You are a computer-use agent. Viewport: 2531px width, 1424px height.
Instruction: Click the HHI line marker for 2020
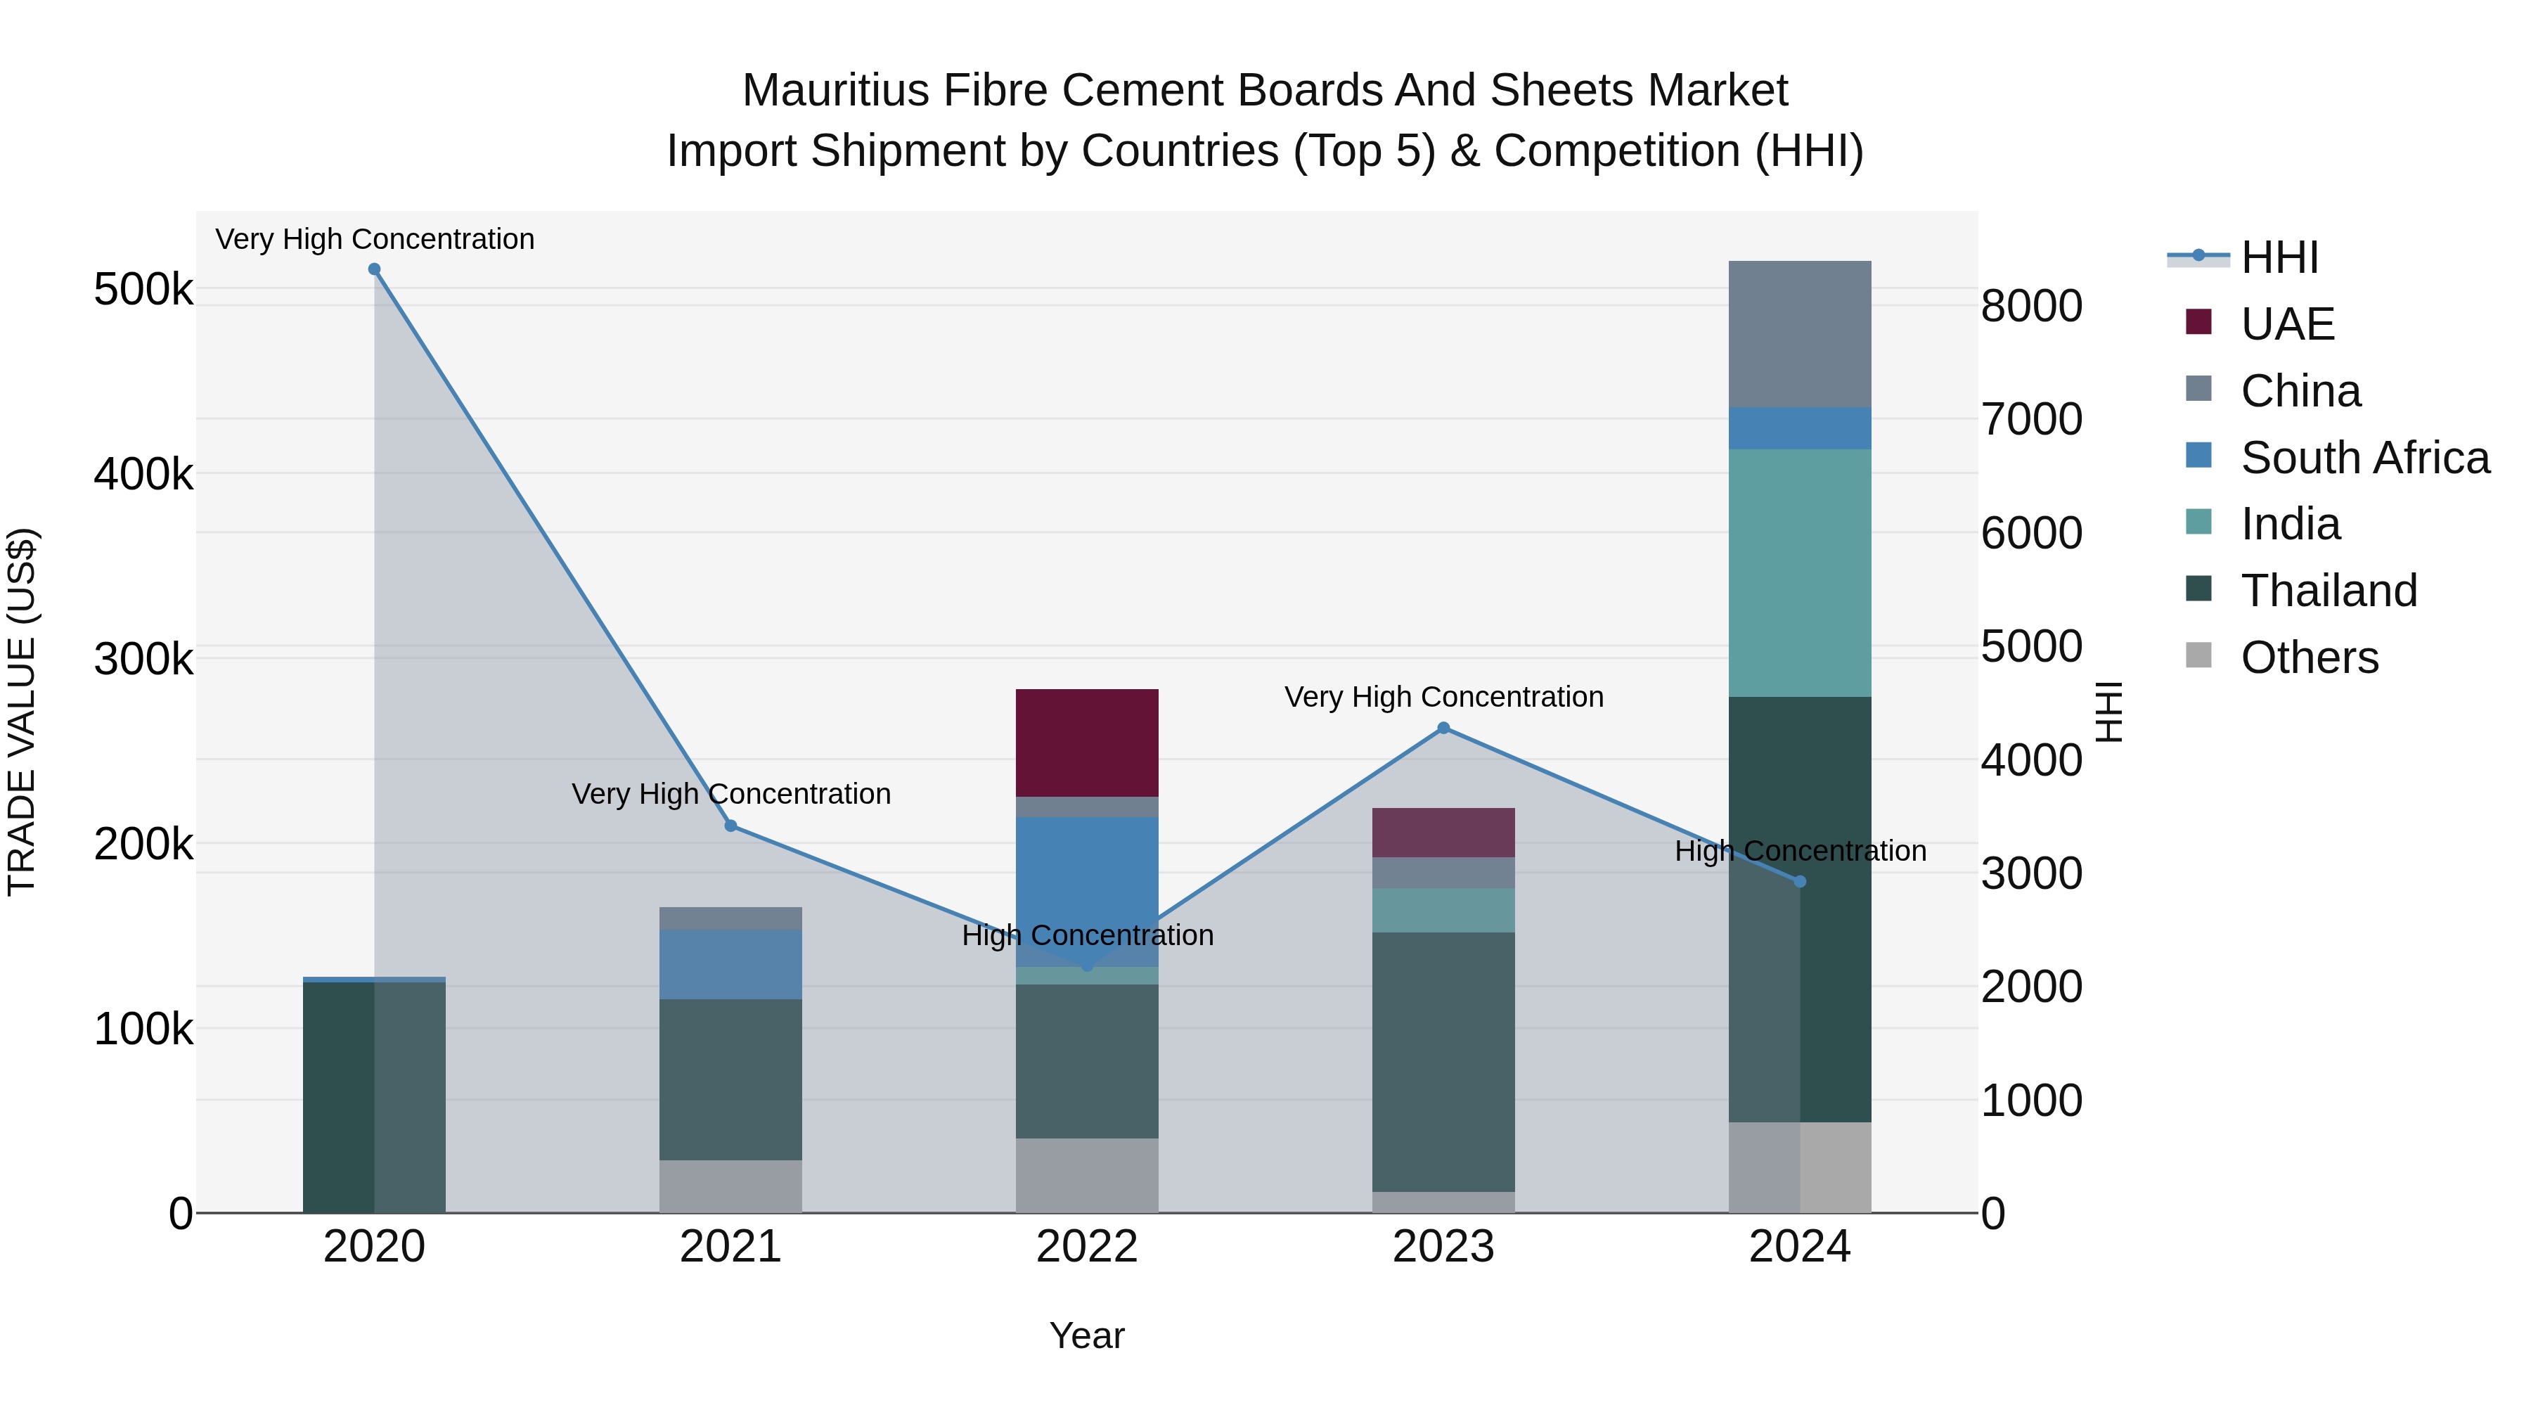point(374,269)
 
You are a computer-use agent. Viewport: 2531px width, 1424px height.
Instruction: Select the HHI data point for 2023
point(1443,729)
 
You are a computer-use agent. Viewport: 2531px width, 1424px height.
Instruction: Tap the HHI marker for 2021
point(731,826)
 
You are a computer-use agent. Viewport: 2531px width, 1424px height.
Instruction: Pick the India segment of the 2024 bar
point(1799,573)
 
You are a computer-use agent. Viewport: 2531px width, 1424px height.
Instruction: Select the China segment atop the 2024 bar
point(1799,334)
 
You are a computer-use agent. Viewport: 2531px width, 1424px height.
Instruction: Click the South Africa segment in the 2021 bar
point(731,964)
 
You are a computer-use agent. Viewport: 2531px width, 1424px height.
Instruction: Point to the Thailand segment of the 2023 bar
point(1443,1061)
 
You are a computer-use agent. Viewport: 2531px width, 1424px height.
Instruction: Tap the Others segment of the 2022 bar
point(1087,1175)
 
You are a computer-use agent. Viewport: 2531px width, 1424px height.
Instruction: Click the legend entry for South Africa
point(2364,458)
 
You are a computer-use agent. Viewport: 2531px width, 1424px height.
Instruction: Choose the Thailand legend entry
point(2328,591)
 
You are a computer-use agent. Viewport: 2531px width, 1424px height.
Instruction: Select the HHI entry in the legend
point(2279,257)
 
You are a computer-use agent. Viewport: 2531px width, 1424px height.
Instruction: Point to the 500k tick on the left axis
point(143,290)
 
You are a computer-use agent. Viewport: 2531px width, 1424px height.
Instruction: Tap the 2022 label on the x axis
point(1087,1247)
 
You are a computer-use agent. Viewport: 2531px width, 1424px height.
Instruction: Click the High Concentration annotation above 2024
point(1800,851)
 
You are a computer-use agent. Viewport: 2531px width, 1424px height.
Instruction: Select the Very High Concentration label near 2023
point(1443,697)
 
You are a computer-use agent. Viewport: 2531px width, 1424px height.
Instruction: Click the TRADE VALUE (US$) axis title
point(22,712)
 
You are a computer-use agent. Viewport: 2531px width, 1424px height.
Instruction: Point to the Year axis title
point(1087,1335)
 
